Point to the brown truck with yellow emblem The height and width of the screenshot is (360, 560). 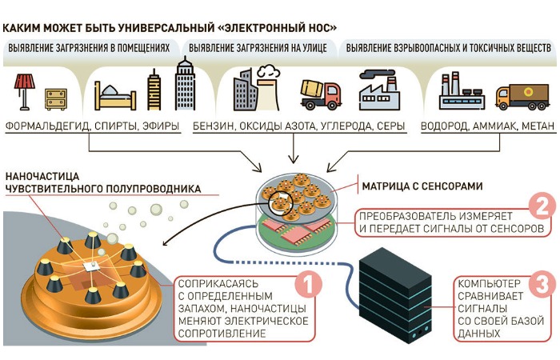coord(521,95)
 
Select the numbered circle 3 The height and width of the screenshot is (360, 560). coord(542,285)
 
